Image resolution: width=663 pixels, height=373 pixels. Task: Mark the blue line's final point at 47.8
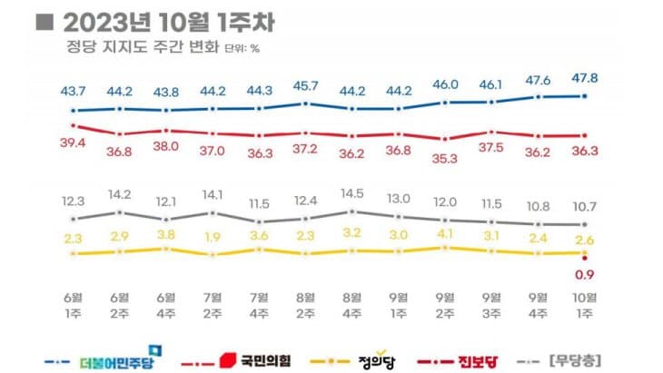click(x=585, y=95)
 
